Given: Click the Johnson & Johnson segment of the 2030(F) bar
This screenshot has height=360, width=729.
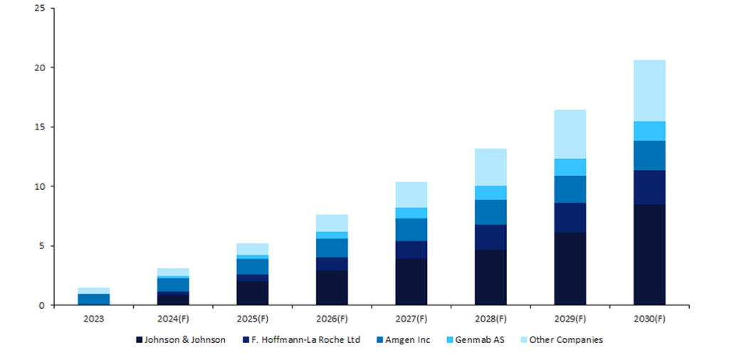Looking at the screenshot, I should [x=649, y=255].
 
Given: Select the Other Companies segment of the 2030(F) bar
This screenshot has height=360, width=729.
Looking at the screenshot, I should [x=649, y=90].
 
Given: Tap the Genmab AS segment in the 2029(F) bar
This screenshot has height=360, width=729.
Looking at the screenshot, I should [x=570, y=167].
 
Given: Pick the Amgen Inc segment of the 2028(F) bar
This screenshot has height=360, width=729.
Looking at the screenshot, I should [x=491, y=212].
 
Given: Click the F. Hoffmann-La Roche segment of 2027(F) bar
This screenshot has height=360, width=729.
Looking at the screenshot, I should [x=411, y=250].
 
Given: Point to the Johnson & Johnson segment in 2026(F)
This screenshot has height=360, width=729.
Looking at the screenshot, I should [x=332, y=287].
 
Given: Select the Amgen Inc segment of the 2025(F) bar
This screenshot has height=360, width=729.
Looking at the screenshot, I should [x=253, y=267].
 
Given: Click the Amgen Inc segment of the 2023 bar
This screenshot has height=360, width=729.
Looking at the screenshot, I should [x=94, y=300].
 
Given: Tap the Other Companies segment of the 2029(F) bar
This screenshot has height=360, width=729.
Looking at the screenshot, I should [x=570, y=134].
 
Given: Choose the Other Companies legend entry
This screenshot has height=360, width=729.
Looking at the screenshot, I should [x=565, y=340].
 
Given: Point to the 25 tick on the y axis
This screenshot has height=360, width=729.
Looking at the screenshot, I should [x=40, y=8].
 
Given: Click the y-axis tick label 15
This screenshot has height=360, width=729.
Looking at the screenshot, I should [x=40, y=127].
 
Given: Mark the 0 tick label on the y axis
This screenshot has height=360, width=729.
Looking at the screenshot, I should [x=43, y=305].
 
